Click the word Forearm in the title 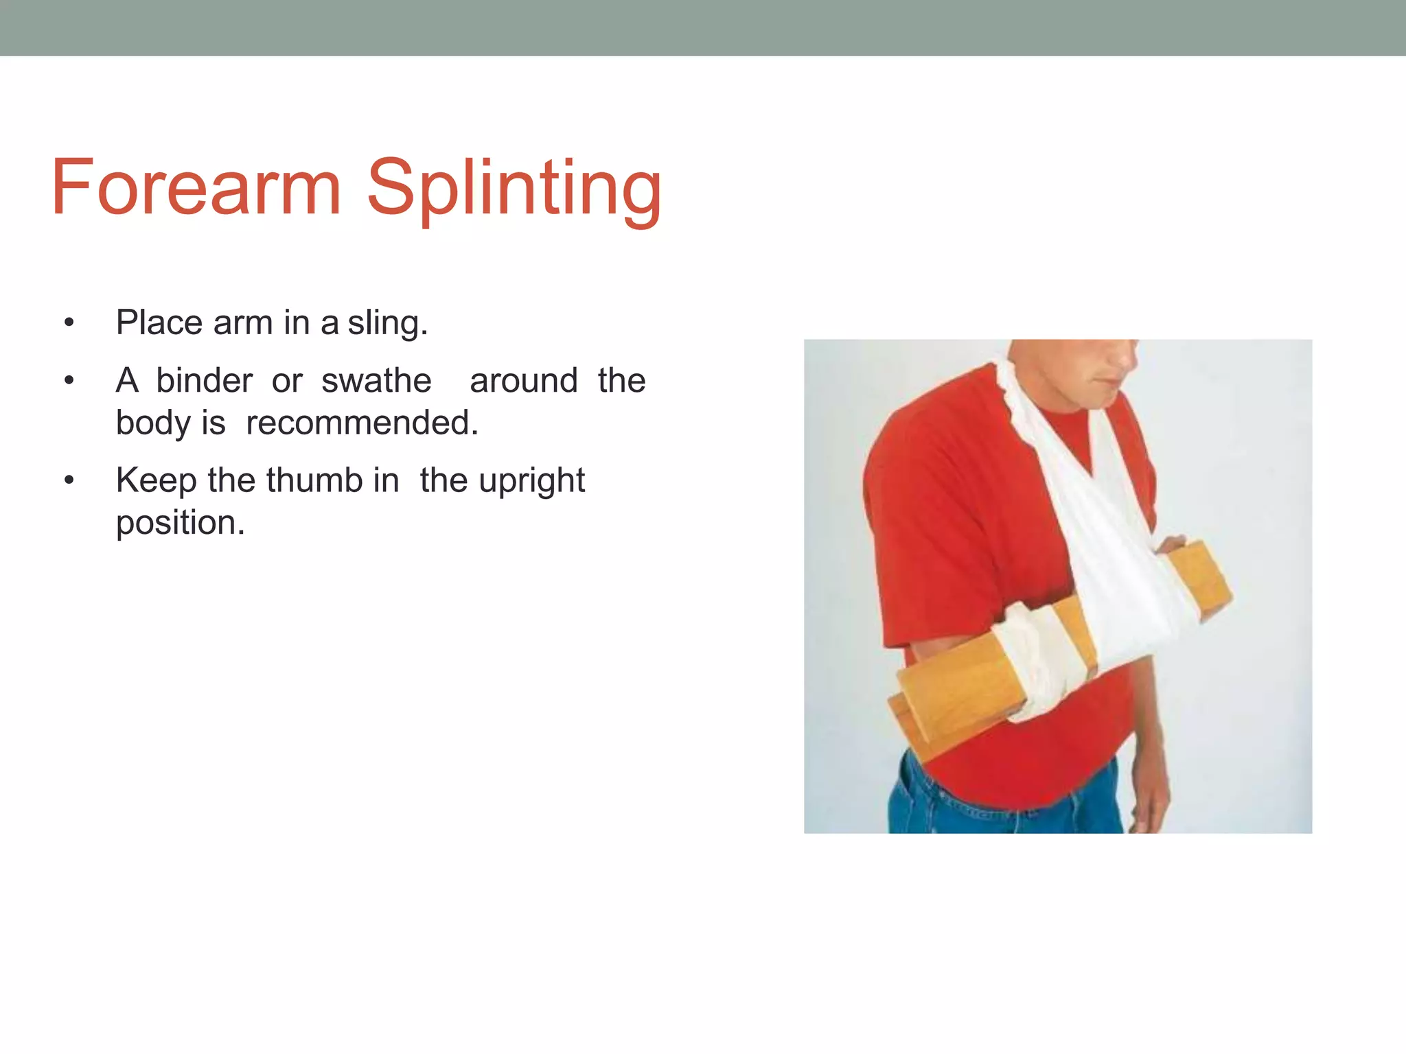click(x=196, y=187)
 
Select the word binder click(x=204, y=380)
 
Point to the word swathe click(x=376, y=380)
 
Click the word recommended click(x=361, y=423)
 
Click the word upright click(x=531, y=481)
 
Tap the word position click(x=180, y=523)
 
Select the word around click(x=523, y=380)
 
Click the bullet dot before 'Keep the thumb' click(x=69, y=480)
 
